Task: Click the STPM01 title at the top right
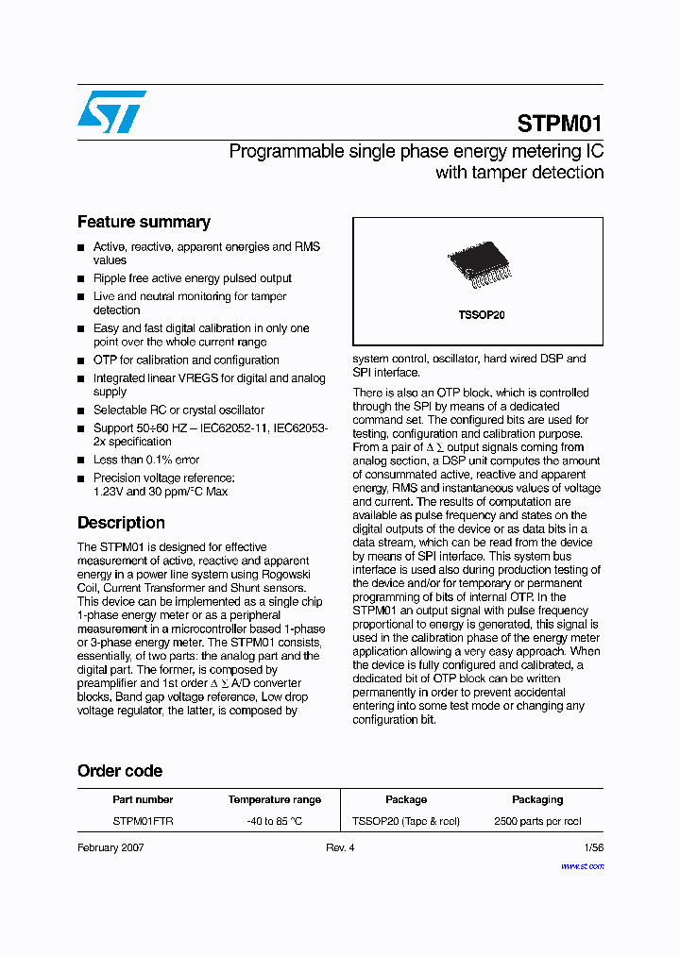click(x=559, y=124)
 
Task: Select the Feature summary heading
click(x=144, y=223)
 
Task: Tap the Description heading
click(x=121, y=523)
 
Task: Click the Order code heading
click(x=120, y=771)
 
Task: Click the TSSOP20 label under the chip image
click(x=477, y=315)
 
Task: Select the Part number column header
click(x=142, y=799)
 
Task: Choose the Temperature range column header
click(x=274, y=799)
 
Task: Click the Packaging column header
click(x=537, y=799)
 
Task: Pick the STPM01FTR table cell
click(x=143, y=821)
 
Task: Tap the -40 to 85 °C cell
click(x=274, y=821)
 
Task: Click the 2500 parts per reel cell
click(x=537, y=821)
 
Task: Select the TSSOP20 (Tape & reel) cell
click(x=406, y=821)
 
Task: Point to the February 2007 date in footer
click(x=111, y=848)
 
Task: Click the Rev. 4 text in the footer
click(x=340, y=848)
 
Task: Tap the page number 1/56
click(x=593, y=848)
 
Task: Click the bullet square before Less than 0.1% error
click(x=81, y=461)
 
